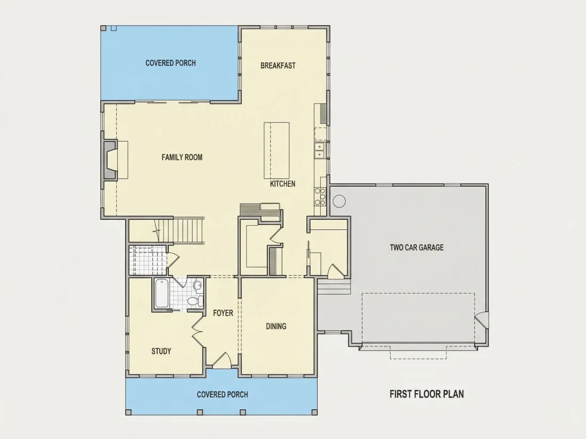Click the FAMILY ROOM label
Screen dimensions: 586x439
[x=182, y=157]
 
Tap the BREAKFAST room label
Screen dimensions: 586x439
[x=278, y=65]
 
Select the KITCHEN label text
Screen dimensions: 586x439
[x=282, y=184]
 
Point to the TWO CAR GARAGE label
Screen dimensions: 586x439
[x=417, y=247]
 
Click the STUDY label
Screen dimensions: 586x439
[x=161, y=351]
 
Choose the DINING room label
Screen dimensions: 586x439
[x=276, y=326]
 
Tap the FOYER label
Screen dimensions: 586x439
[x=223, y=313]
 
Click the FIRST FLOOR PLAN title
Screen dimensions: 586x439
[x=427, y=394]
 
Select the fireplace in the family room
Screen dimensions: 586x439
[x=110, y=160]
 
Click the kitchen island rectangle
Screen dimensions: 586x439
[x=276, y=151]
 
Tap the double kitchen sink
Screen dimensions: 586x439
[x=320, y=150]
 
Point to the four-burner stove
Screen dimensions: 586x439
[x=320, y=197]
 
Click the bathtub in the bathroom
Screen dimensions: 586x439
[x=161, y=293]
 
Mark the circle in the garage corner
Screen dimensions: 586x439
[x=339, y=201]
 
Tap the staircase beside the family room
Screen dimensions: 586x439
[x=180, y=230]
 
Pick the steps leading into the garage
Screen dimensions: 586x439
[x=334, y=286]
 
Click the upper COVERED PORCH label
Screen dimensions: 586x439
[x=170, y=63]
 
